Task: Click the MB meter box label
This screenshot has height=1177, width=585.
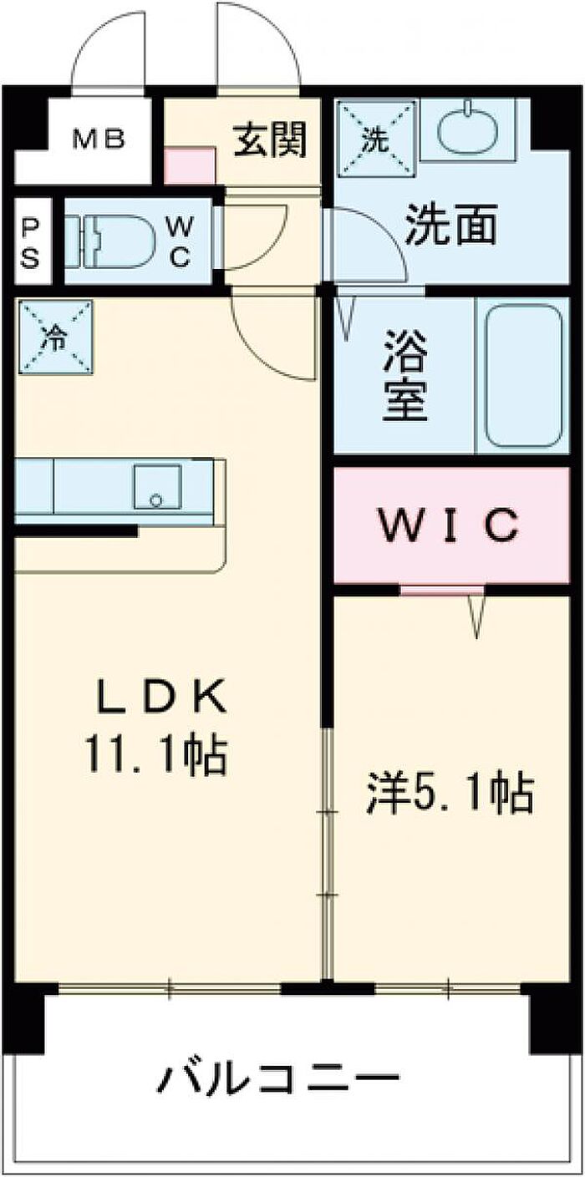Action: [98, 140]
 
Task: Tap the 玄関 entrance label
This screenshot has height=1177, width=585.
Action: [269, 140]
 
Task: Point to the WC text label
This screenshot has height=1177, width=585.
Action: [180, 242]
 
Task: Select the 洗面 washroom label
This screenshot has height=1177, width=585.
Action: [451, 225]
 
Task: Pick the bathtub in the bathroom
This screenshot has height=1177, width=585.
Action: [523, 376]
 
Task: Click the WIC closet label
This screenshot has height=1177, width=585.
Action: [450, 525]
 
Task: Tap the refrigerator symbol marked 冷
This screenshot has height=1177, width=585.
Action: [55, 337]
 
